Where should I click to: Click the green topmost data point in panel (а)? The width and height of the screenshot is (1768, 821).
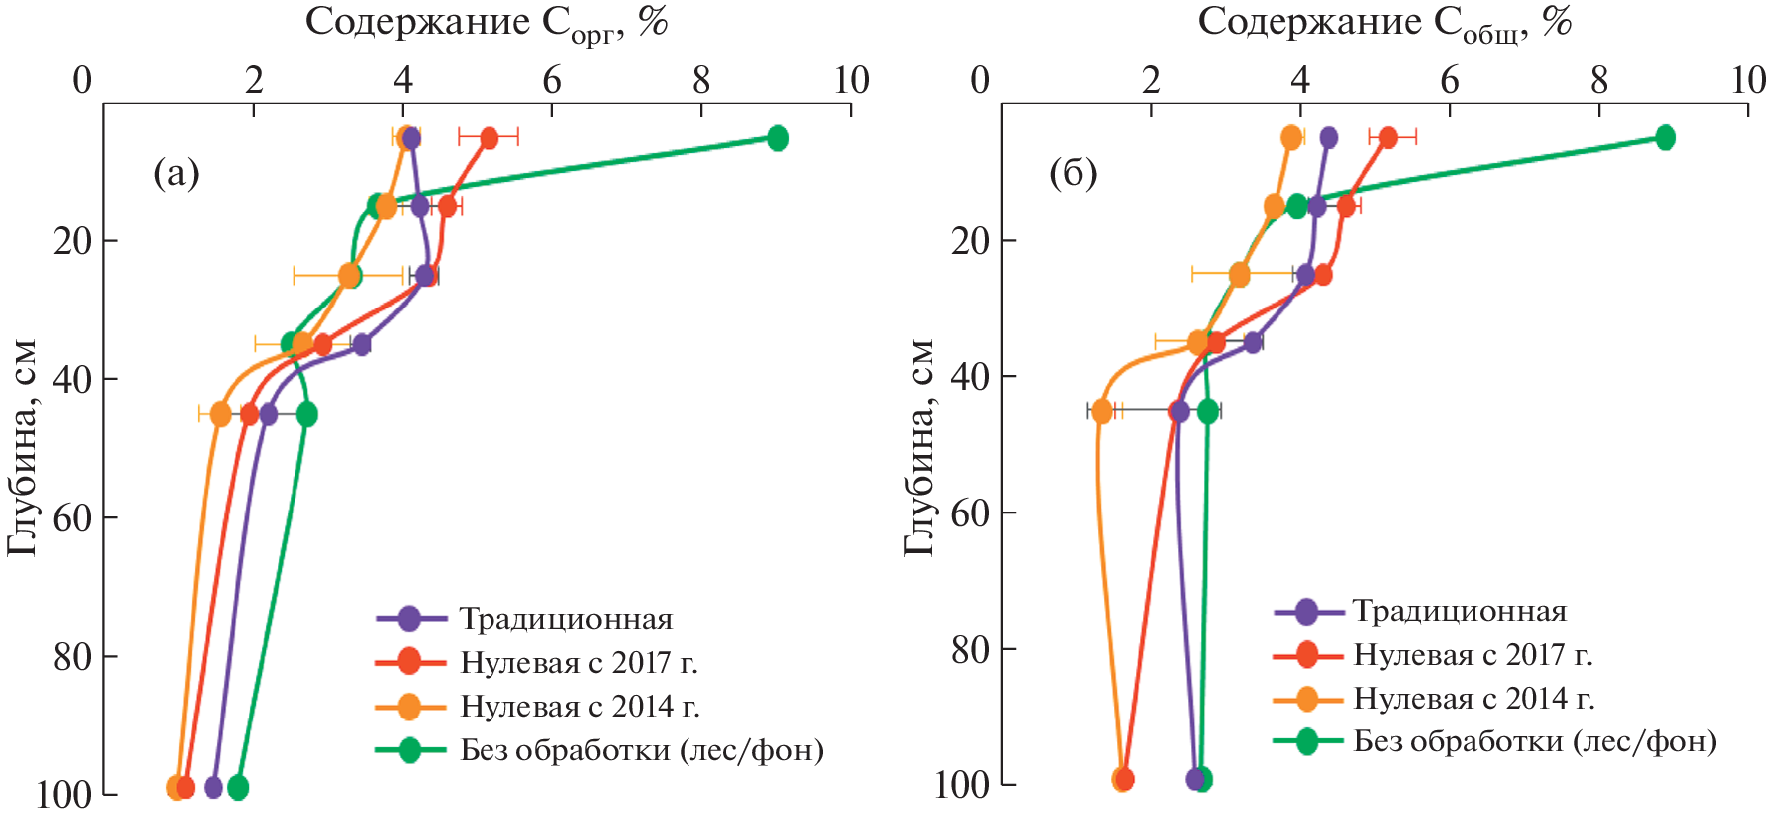(x=778, y=138)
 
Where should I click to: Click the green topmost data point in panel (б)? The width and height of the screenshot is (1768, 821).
(x=1665, y=138)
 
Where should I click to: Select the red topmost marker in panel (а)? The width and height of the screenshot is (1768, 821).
(x=489, y=138)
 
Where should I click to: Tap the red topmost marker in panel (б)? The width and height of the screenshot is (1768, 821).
(x=1388, y=138)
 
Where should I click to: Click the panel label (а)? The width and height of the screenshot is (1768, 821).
(x=176, y=174)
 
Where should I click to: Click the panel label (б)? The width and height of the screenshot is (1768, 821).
(x=1074, y=174)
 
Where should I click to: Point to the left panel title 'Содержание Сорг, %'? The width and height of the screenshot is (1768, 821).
(x=486, y=22)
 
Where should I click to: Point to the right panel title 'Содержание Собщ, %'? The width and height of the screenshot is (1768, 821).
(x=1384, y=22)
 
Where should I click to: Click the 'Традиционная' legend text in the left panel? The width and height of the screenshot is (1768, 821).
(x=565, y=619)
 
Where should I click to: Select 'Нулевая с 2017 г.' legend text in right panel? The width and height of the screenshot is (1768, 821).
(x=1473, y=655)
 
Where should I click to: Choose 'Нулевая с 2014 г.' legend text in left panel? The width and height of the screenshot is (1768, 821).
(x=579, y=707)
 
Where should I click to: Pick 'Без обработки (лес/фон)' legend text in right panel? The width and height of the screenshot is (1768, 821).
(x=1535, y=741)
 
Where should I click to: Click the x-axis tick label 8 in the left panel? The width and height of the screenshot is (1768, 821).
(x=701, y=80)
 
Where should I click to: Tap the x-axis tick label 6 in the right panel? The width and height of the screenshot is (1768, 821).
(x=1450, y=80)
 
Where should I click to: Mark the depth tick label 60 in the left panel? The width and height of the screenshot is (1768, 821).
(x=72, y=517)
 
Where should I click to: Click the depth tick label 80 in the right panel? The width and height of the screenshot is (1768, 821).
(x=970, y=649)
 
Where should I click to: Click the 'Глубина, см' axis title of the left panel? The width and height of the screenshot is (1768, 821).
(x=22, y=448)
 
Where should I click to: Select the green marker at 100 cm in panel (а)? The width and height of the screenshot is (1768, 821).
(x=237, y=788)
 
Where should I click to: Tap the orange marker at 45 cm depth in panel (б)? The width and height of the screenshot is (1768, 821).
(x=1102, y=411)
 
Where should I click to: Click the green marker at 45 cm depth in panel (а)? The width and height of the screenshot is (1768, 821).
(x=307, y=414)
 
